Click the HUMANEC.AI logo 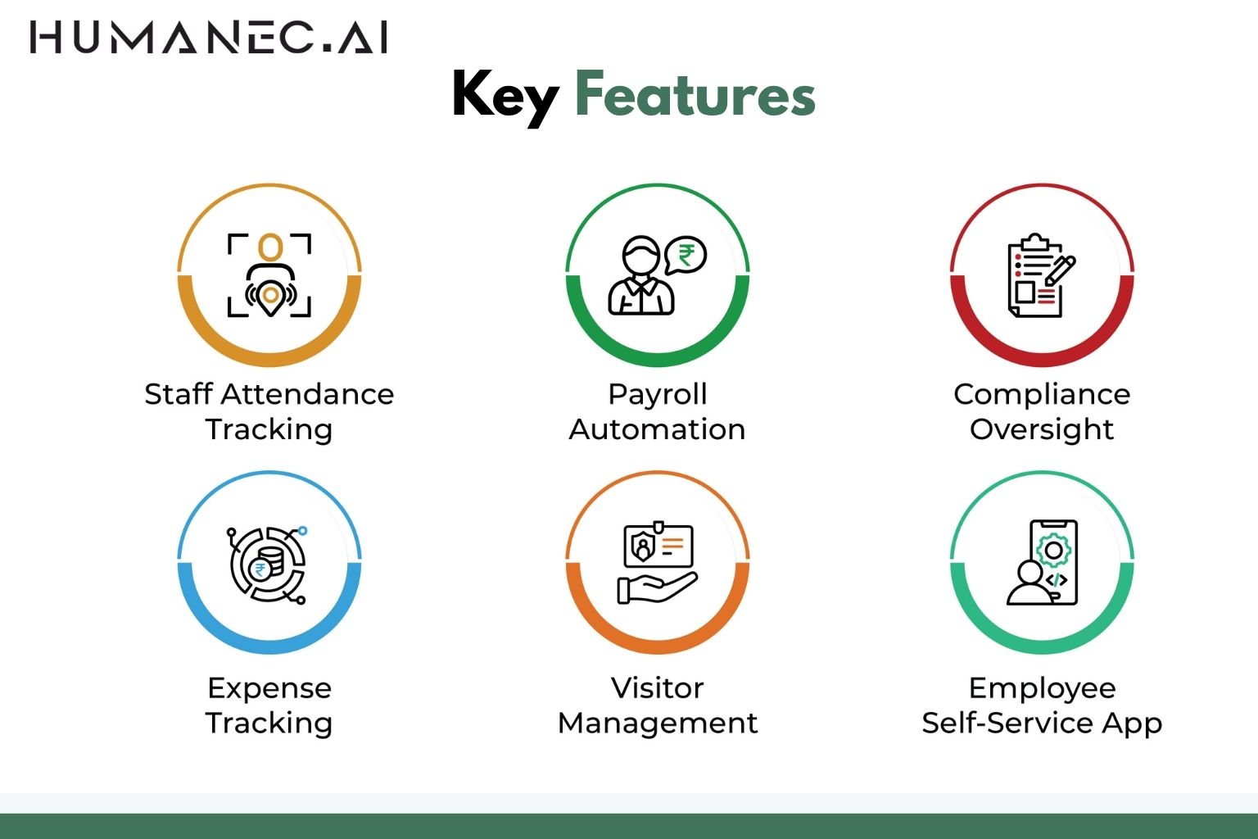coord(209,38)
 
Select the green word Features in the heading coord(695,95)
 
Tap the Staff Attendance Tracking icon coord(269,275)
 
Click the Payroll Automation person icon coord(641,277)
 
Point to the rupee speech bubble coord(686,255)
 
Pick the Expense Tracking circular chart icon coord(268,564)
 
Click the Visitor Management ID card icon coord(658,545)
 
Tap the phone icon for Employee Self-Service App coord(1053,562)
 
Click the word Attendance coord(307,394)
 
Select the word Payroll coord(657,395)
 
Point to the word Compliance coord(1042,395)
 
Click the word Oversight coord(1042,430)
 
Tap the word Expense coord(269,689)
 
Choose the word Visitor coord(657,688)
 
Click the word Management coord(657,723)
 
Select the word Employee coord(1042,689)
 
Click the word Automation coord(657,429)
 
